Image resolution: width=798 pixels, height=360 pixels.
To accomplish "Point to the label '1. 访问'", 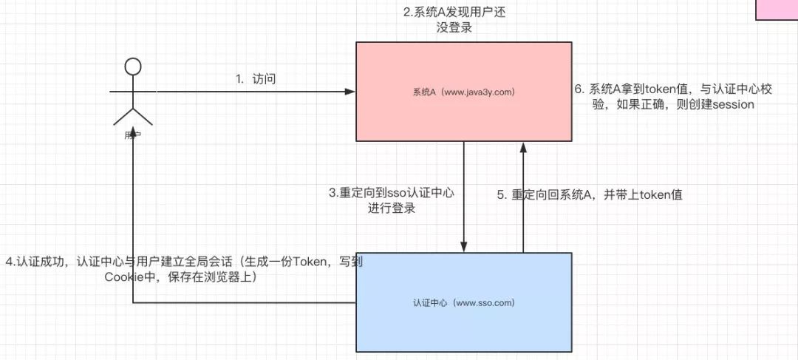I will (256, 79).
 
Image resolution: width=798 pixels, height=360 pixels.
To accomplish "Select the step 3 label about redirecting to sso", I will (392, 200).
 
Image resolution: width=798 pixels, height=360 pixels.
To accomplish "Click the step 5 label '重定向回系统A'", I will (589, 195).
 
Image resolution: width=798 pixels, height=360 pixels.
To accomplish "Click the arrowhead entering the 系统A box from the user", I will (351, 92).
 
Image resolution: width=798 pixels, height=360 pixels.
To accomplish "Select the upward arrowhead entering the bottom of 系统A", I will (523, 146).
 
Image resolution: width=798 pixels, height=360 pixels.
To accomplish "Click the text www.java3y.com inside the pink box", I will (480, 92).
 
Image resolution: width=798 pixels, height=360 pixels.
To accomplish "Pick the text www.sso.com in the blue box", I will (485, 303).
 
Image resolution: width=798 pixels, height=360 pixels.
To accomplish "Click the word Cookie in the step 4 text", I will (122, 278).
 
